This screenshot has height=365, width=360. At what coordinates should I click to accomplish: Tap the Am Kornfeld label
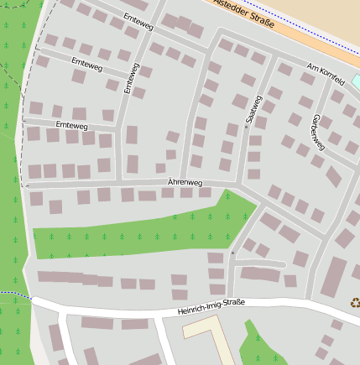[x=326, y=74]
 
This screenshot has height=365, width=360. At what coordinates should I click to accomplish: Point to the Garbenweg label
[x=317, y=133]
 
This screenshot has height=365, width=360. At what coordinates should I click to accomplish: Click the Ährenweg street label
[x=185, y=182]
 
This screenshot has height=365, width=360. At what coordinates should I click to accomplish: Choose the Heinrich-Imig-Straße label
[x=211, y=307]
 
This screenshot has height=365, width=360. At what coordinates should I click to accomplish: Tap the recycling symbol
[x=354, y=303]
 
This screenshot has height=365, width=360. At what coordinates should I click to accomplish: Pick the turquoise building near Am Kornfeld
[x=356, y=81]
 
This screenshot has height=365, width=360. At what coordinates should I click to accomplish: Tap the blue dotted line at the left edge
[x=13, y=293]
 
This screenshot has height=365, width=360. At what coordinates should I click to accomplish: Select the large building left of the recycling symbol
[x=334, y=276]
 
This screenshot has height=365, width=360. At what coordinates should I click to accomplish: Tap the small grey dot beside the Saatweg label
[x=246, y=128]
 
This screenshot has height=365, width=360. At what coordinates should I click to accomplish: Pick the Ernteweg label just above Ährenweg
[x=71, y=125]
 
